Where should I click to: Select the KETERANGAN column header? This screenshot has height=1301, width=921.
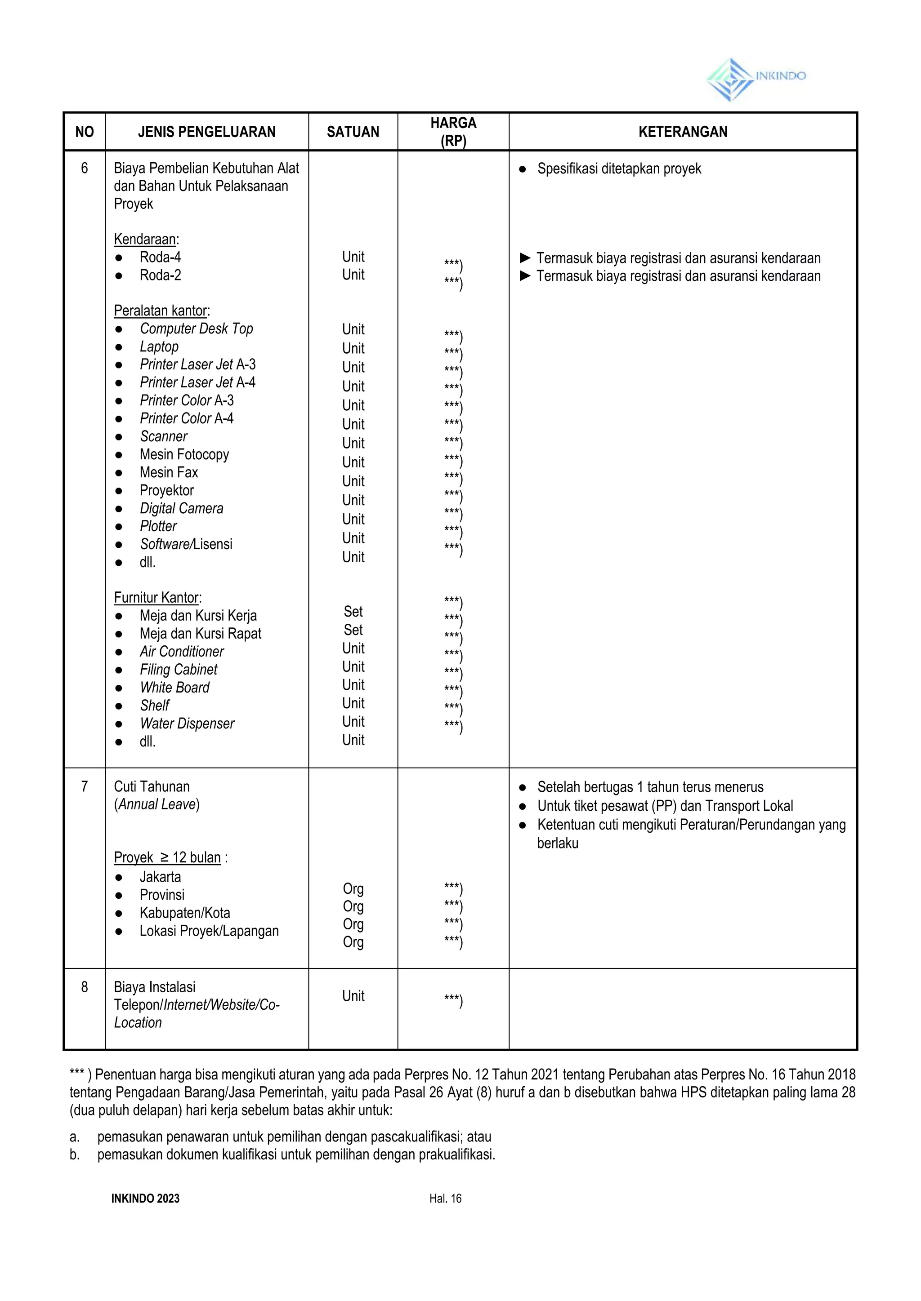coord(682,132)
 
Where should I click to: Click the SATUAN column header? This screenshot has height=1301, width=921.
coord(353,132)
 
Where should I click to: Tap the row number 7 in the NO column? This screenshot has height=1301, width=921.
coord(85,786)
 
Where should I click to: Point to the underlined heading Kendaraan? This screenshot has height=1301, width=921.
coord(145,239)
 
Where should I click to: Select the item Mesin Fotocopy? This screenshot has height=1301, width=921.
coord(184,454)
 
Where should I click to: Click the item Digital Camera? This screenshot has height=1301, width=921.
coord(182,508)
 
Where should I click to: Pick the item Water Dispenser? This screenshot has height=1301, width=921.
coord(187,724)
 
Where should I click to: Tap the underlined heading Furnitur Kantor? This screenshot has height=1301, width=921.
coord(157,597)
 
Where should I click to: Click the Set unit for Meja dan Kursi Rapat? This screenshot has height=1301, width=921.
coord(353,630)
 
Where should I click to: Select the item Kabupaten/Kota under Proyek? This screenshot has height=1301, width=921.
coord(185,913)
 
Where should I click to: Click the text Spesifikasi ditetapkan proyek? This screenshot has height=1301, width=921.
coord(619,169)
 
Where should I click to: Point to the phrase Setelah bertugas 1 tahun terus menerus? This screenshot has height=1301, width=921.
coord(650,787)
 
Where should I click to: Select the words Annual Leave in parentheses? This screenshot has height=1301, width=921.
coord(157,804)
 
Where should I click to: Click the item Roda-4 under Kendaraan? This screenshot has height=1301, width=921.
coord(160,257)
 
